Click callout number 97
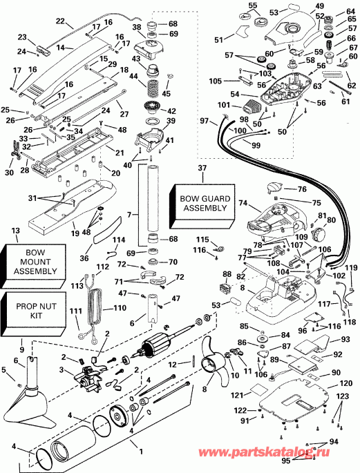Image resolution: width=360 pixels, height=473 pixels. (205, 122)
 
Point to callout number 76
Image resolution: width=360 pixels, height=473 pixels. (301, 189)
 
